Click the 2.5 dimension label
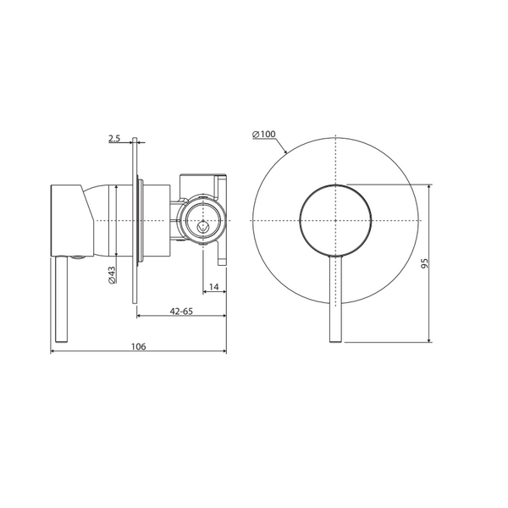[x=114, y=139]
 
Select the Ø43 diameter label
[x=112, y=275]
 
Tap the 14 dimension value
[x=214, y=287]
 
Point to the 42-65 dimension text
[x=181, y=311]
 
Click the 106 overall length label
[x=138, y=346]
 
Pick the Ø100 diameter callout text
[x=264, y=134]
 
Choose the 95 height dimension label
[x=424, y=263]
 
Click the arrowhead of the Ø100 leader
[x=285, y=151]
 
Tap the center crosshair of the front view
[x=335, y=221]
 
